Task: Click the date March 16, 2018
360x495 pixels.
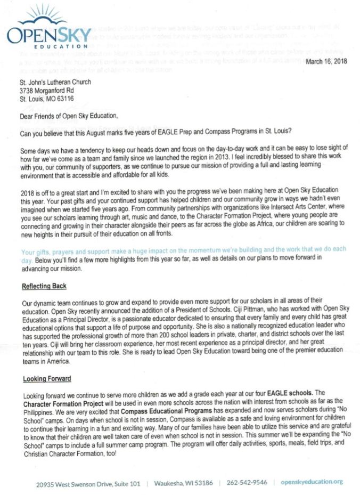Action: (x=326, y=62)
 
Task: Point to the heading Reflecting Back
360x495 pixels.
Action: (x=44, y=286)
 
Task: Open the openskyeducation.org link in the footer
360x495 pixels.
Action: (x=312, y=483)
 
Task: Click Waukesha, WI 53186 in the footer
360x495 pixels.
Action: (x=184, y=483)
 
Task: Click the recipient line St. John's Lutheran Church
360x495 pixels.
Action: (x=55, y=83)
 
